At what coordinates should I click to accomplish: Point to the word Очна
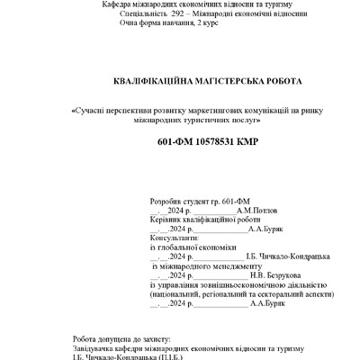click(130, 24)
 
